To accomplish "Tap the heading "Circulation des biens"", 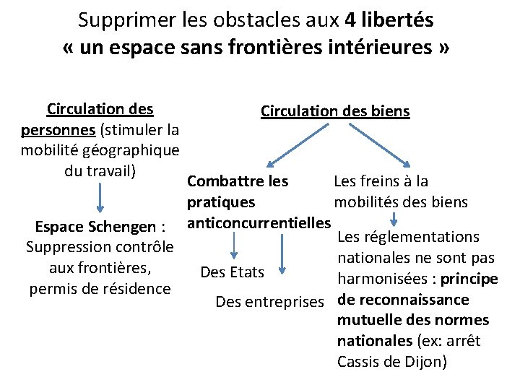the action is (335, 111).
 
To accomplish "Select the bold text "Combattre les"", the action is (238, 181).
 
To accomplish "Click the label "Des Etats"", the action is (233, 272).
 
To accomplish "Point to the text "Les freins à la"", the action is (381, 181).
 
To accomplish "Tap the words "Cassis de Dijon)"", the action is (392, 361).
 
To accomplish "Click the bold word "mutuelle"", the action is (366, 320).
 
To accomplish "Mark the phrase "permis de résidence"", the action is (100, 289).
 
